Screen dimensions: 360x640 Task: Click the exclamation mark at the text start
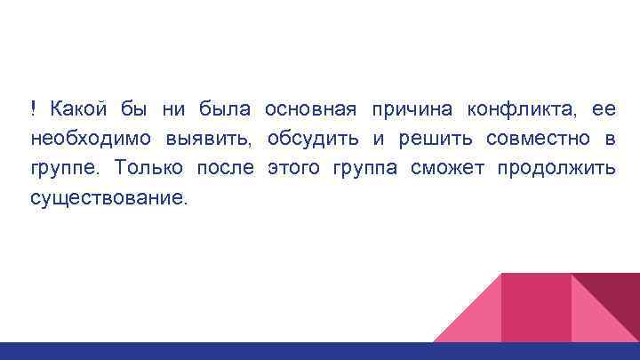(x=33, y=110)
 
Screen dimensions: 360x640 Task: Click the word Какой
(x=78, y=110)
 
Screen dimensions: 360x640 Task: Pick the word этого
(x=296, y=168)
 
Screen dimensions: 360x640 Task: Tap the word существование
(x=108, y=197)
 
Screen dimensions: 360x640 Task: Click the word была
(x=226, y=110)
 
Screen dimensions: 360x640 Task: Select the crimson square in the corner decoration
(x=536, y=307)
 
